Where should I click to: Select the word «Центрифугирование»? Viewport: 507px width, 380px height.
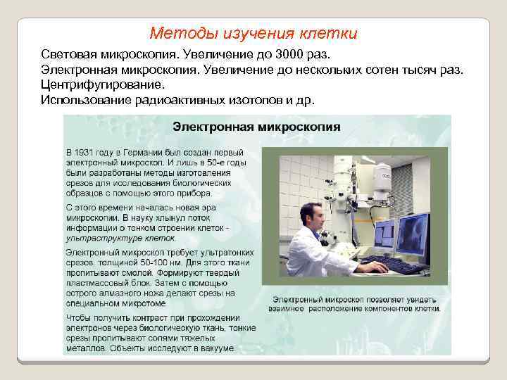[102, 85]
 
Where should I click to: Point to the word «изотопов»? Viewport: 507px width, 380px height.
[257, 100]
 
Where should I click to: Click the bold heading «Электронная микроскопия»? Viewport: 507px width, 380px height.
[256, 127]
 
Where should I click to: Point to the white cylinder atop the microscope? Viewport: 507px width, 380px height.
[383, 172]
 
